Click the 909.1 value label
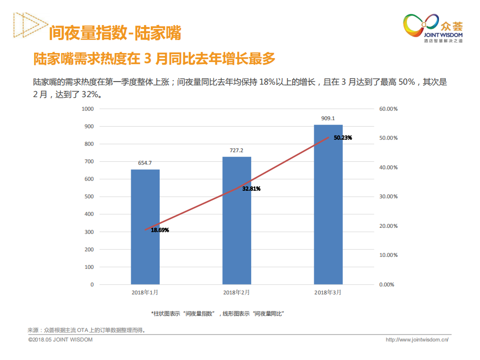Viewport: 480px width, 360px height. tap(328, 119)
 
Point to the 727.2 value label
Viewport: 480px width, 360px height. tap(237, 150)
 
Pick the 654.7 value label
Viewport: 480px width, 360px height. tap(145, 163)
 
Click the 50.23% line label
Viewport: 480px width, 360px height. tap(343, 137)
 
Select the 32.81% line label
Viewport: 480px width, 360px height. tap(251, 189)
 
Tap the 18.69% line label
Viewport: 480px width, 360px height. tap(160, 230)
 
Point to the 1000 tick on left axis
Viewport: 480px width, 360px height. tap(88, 109)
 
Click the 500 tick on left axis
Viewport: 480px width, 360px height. tap(89, 197)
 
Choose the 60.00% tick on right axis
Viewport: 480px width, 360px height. tap(388, 109)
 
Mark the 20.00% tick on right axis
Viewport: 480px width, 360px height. tap(388, 226)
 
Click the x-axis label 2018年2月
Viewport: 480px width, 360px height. tap(237, 292)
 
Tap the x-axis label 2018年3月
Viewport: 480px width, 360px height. tap(328, 292)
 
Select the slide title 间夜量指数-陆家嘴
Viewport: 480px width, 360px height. tap(115, 33)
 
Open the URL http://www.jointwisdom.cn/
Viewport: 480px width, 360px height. tap(417, 340)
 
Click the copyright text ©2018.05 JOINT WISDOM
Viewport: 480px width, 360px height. tap(60, 340)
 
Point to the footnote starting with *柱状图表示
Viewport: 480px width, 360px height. tap(218, 313)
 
